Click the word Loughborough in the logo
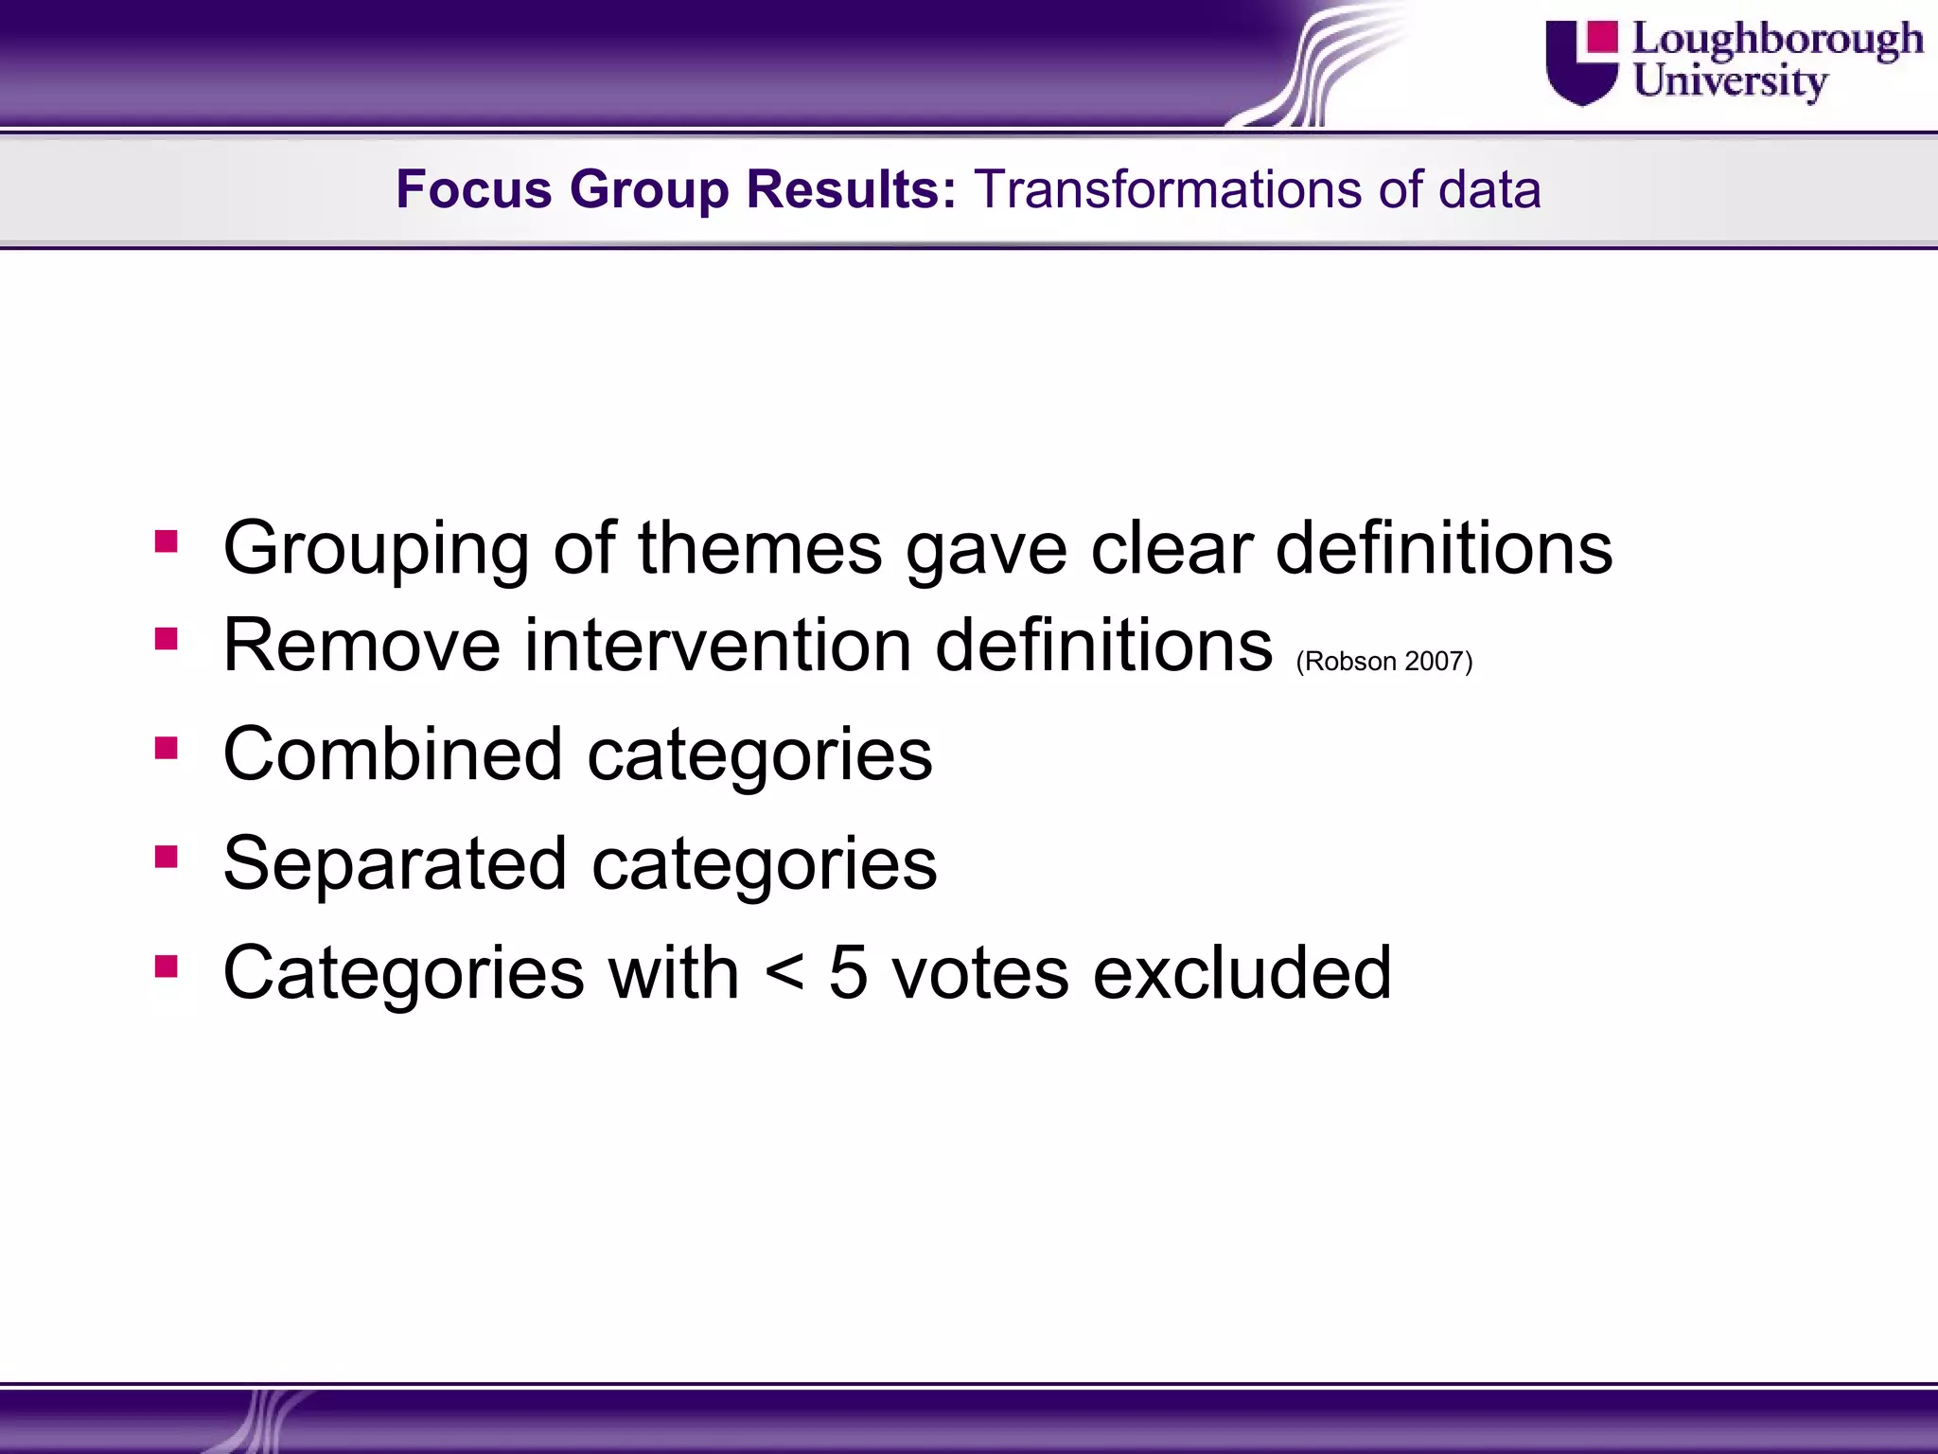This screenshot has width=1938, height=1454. click(x=1777, y=40)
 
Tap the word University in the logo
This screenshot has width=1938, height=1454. click(x=1730, y=81)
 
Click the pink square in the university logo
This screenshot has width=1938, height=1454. click(x=1602, y=36)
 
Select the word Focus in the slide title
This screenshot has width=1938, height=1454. click(x=473, y=188)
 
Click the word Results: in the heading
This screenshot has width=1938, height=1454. click(x=851, y=188)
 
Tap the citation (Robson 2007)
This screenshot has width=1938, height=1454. click(x=1383, y=661)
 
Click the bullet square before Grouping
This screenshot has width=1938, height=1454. click(x=167, y=541)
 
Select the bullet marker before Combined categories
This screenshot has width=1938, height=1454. click(x=167, y=748)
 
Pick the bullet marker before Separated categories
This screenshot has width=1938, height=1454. click(x=167, y=857)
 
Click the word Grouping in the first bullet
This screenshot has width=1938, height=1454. click(x=376, y=549)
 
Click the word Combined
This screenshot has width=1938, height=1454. click(x=393, y=754)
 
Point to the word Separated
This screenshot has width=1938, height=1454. click(x=395, y=863)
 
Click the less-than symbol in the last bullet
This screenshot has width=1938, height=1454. click(x=784, y=973)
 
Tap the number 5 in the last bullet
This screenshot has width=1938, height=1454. click(x=848, y=973)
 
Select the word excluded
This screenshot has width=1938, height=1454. click(x=1242, y=973)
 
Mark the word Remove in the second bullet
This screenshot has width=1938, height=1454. click(x=361, y=646)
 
